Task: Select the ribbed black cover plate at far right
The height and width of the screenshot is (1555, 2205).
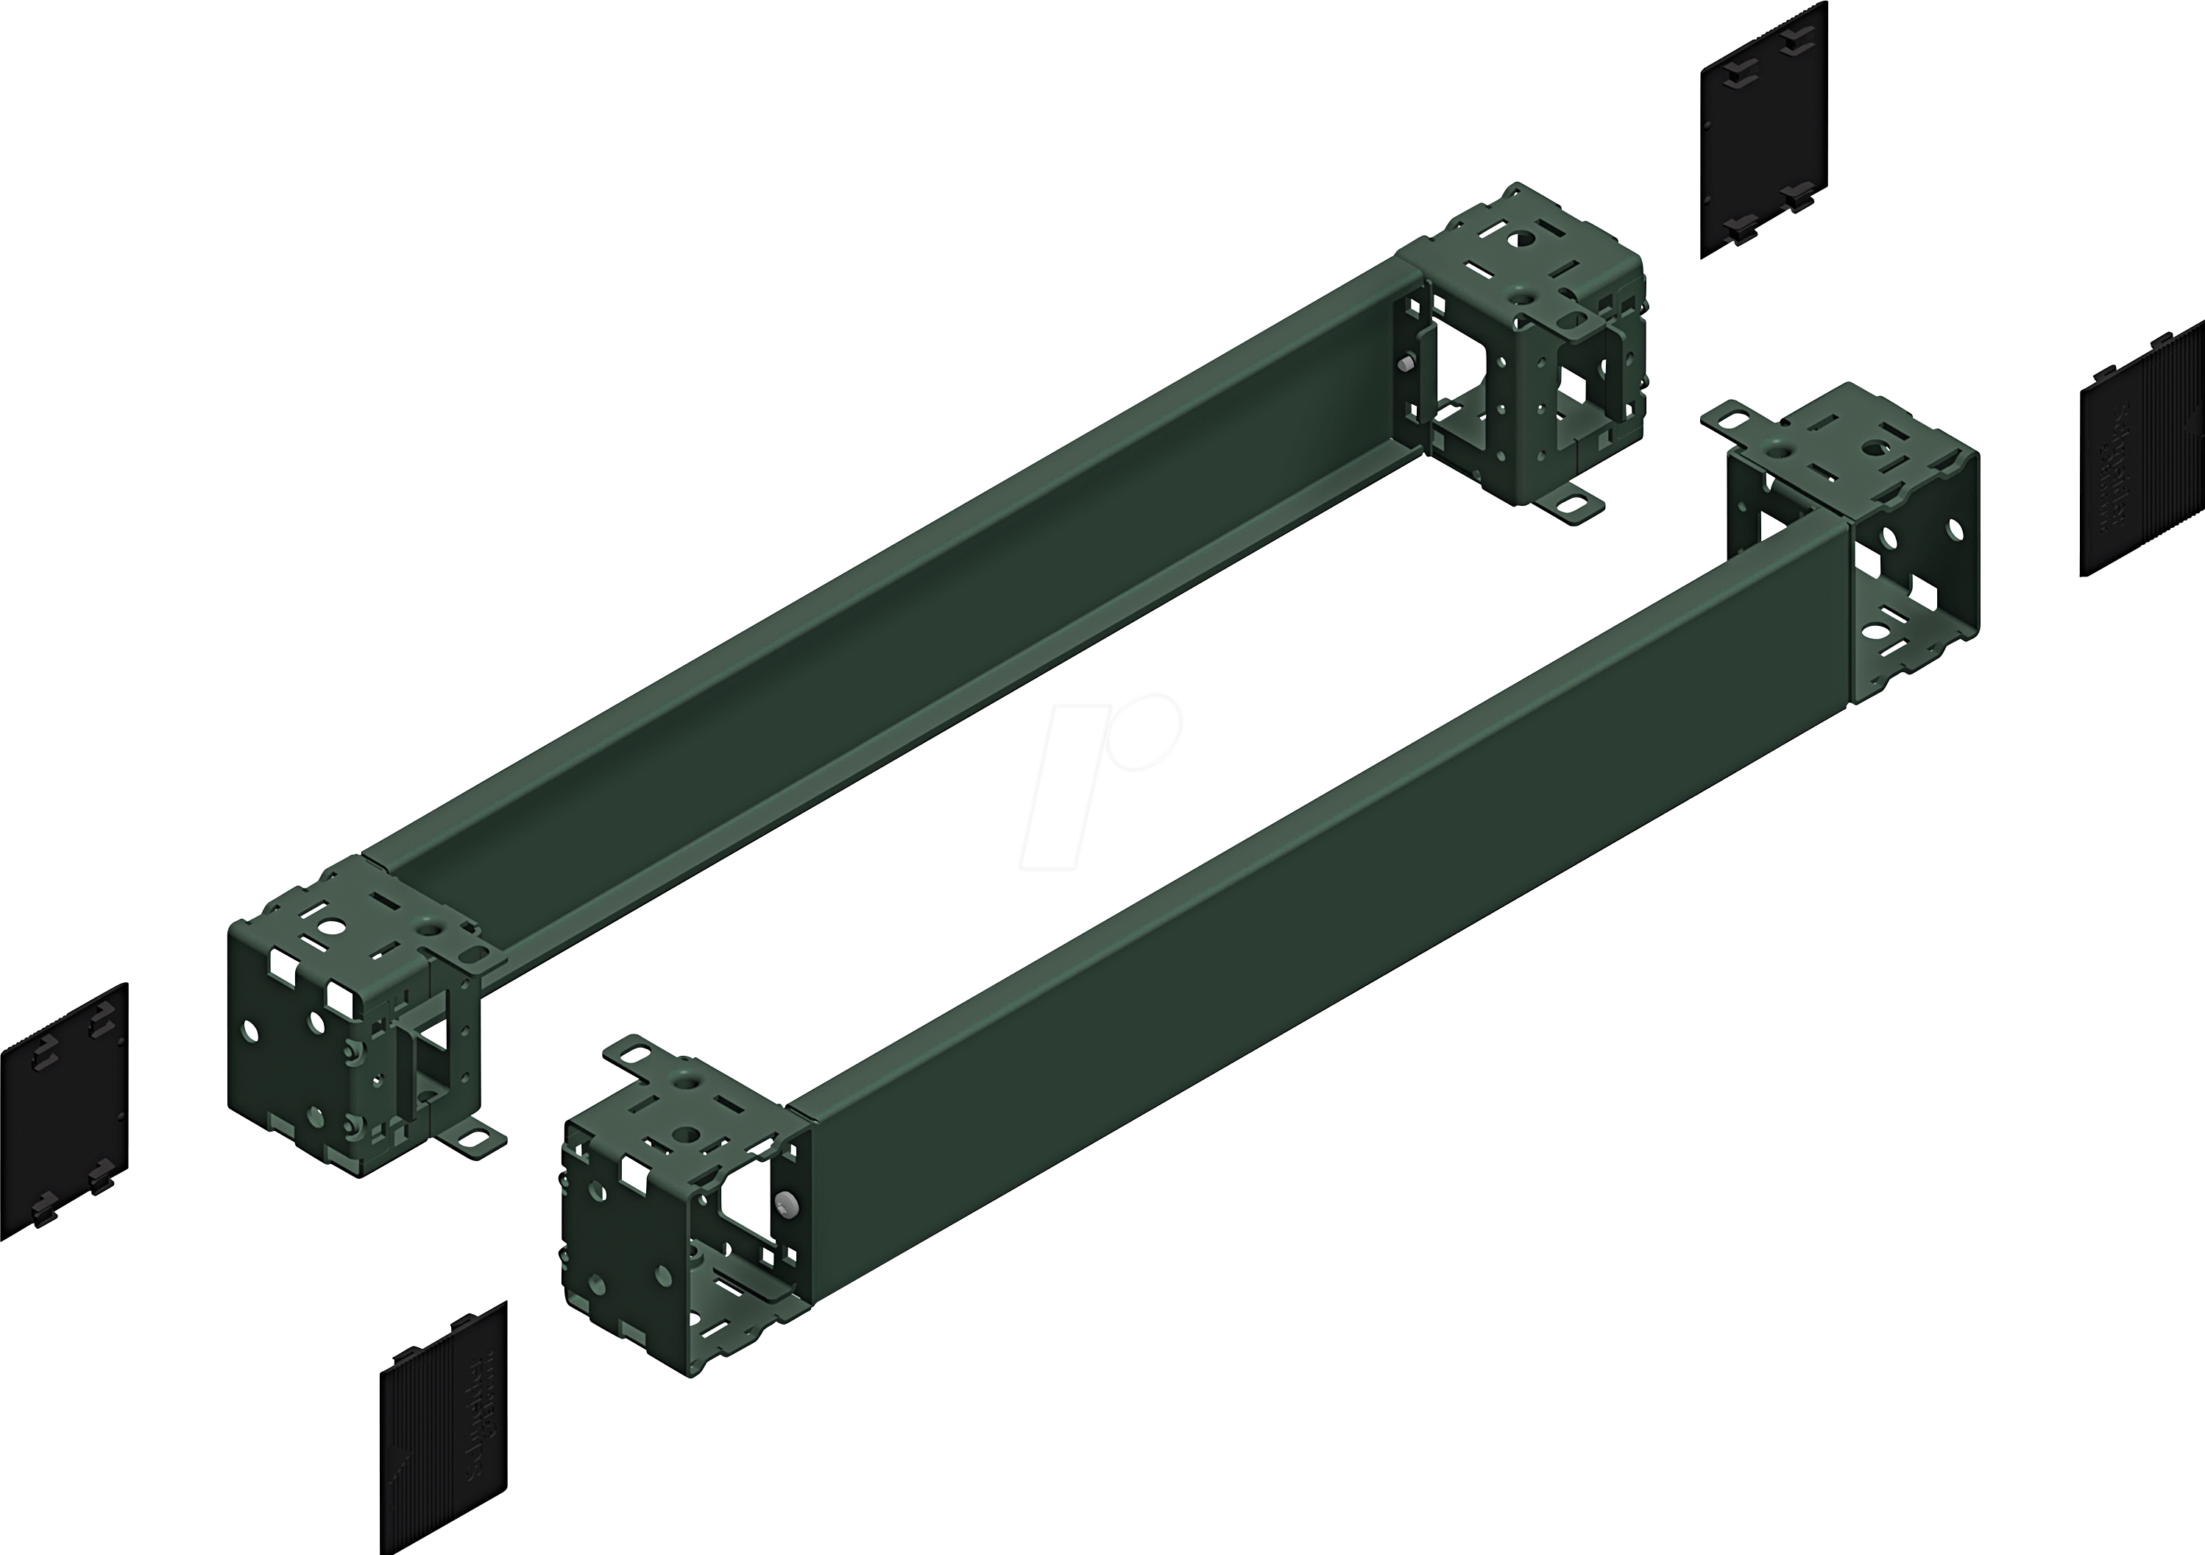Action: tap(2142, 451)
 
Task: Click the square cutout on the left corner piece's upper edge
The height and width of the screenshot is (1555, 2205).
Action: tap(340, 993)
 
